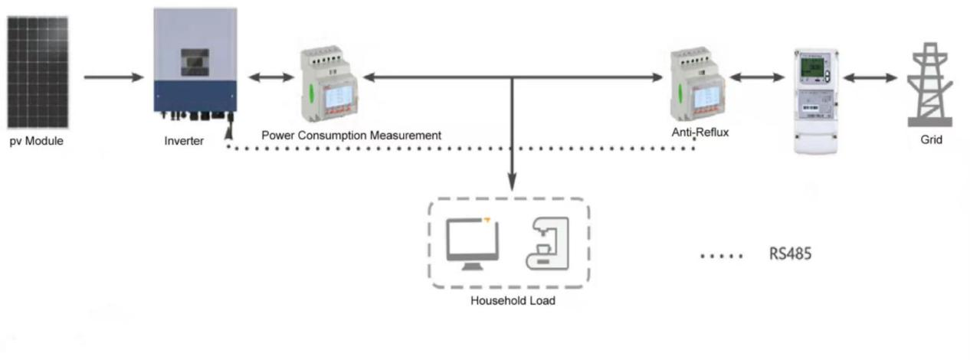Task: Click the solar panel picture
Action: (x=38, y=73)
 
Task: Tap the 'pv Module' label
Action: (x=37, y=141)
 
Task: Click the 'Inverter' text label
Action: (x=184, y=141)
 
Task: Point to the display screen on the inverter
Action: (x=195, y=62)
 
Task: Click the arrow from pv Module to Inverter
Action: (x=114, y=77)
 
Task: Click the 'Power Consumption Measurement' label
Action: (x=352, y=136)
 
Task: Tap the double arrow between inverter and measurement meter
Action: (x=271, y=77)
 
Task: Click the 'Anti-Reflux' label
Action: (x=699, y=133)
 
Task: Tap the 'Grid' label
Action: (x=931, y=141)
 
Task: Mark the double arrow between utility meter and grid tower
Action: (x=870, y=77)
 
